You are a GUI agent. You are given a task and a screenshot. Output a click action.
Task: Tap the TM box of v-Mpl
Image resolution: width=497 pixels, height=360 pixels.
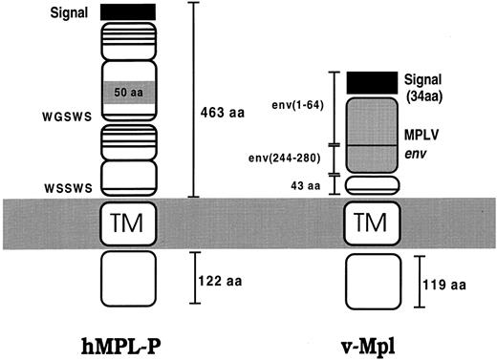369,222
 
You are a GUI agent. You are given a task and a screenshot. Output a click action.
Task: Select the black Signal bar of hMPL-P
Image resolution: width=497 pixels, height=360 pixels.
127,11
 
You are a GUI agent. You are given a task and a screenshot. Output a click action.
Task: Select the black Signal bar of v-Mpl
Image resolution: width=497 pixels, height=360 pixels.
370,83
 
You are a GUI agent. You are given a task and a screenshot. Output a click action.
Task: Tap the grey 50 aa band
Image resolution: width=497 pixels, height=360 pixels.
127,91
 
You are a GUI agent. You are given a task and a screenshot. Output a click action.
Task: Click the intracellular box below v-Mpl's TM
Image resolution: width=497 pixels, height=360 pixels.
369,283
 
